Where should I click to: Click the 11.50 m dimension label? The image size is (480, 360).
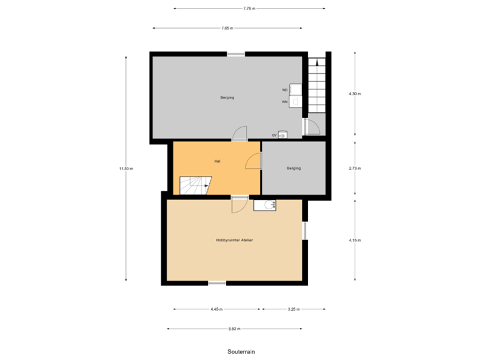click(125, 169)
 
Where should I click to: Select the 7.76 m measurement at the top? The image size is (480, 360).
click(249, 9)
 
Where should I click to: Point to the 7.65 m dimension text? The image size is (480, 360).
click(227, 29)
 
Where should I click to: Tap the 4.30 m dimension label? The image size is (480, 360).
click(354, 94)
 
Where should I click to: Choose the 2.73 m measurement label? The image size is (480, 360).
click(354, 169)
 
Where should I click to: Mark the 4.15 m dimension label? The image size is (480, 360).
click(354, 240)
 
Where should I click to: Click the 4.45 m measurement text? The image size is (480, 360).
click(217, 309)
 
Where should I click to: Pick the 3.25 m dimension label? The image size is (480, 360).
click(293, 309)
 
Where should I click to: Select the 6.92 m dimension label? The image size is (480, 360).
click(234, 329)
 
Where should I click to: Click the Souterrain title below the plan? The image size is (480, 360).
click(240, 351)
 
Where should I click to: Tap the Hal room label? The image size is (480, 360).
click(217, 161)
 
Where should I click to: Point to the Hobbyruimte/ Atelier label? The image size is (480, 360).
click(233, 240)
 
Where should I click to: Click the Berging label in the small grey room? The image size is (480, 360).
click(293, 168)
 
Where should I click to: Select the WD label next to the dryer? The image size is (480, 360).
click(285, 89)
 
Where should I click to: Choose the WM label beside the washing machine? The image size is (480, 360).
click(285, 102)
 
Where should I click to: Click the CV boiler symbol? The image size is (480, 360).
click(282, 135)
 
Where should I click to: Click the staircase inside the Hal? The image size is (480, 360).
click(194, 185)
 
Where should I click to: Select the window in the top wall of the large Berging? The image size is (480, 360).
click(235, 53)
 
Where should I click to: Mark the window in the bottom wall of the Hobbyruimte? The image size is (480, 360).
click(217, 283)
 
